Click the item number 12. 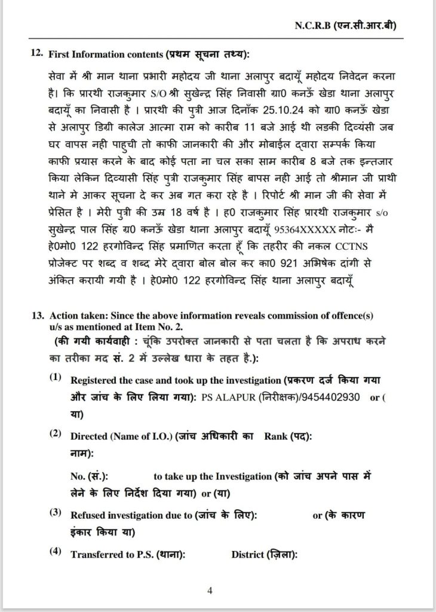click(37, 54)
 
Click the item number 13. click(38, 314)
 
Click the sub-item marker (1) click(56, 378)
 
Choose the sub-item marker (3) click(56, 513)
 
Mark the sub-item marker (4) click(56, 552)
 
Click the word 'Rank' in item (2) click(276, 437)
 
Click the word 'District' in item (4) click(248, 555)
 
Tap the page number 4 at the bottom click(210, 591)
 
